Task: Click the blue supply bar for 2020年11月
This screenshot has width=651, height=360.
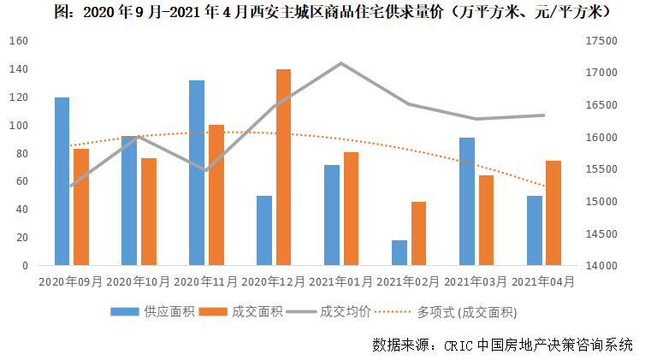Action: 197,173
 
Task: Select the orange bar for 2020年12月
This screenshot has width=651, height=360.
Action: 283,168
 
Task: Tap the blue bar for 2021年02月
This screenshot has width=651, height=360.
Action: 399,252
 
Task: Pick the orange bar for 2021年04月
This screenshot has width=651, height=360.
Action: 553,213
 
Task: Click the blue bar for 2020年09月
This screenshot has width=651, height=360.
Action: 62,181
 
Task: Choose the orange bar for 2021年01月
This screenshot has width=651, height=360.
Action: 351,209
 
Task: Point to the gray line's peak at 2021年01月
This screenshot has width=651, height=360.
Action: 341,63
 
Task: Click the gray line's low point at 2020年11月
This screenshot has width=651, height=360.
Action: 206,170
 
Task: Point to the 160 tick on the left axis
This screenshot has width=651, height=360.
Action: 20,41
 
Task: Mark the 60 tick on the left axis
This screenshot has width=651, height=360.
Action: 23,181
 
